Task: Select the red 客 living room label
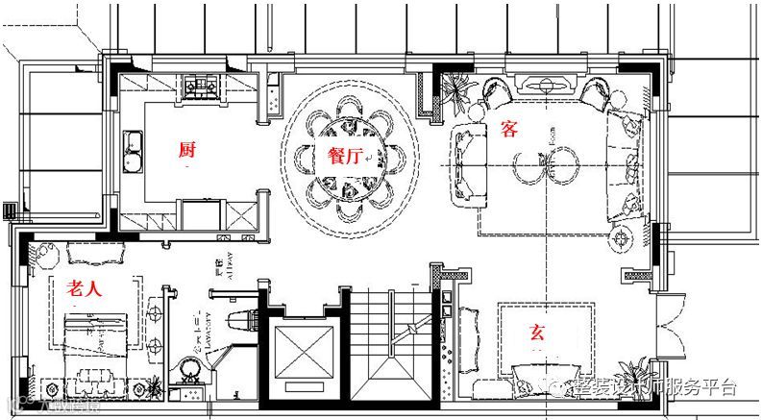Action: (x=509, y=130)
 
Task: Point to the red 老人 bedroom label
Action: (x=85, y=287)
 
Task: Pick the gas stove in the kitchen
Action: (x=204, y=89)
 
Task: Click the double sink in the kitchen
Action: (x=134, y=151)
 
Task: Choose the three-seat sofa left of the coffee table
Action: (x=469, y=164)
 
